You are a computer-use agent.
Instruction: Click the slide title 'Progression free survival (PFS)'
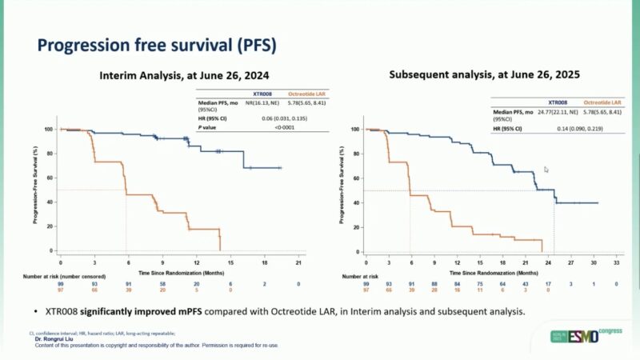tap(157, 45)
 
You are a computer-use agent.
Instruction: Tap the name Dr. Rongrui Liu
tap(55, 339)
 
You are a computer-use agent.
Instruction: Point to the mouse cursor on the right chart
tap(546, 170)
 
